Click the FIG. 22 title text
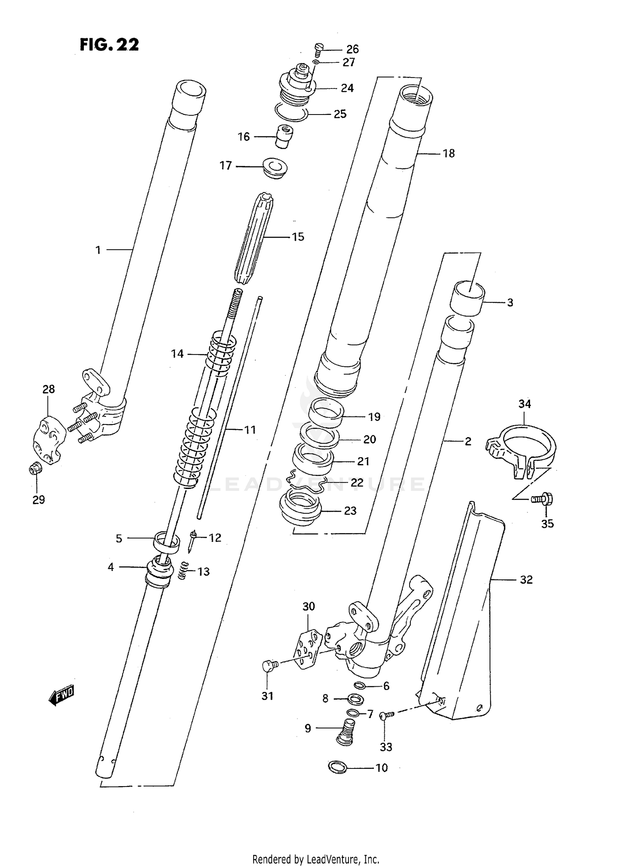pyautogui.click(x=109, y=45)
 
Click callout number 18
pyautogui.click(x=449, y=154)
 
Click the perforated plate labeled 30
pyautogui.click(x=310, y=650)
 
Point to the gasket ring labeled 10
pyautogui.click(x=337, y=768)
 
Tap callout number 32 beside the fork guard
pyautogui.click(x=526, y=580)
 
